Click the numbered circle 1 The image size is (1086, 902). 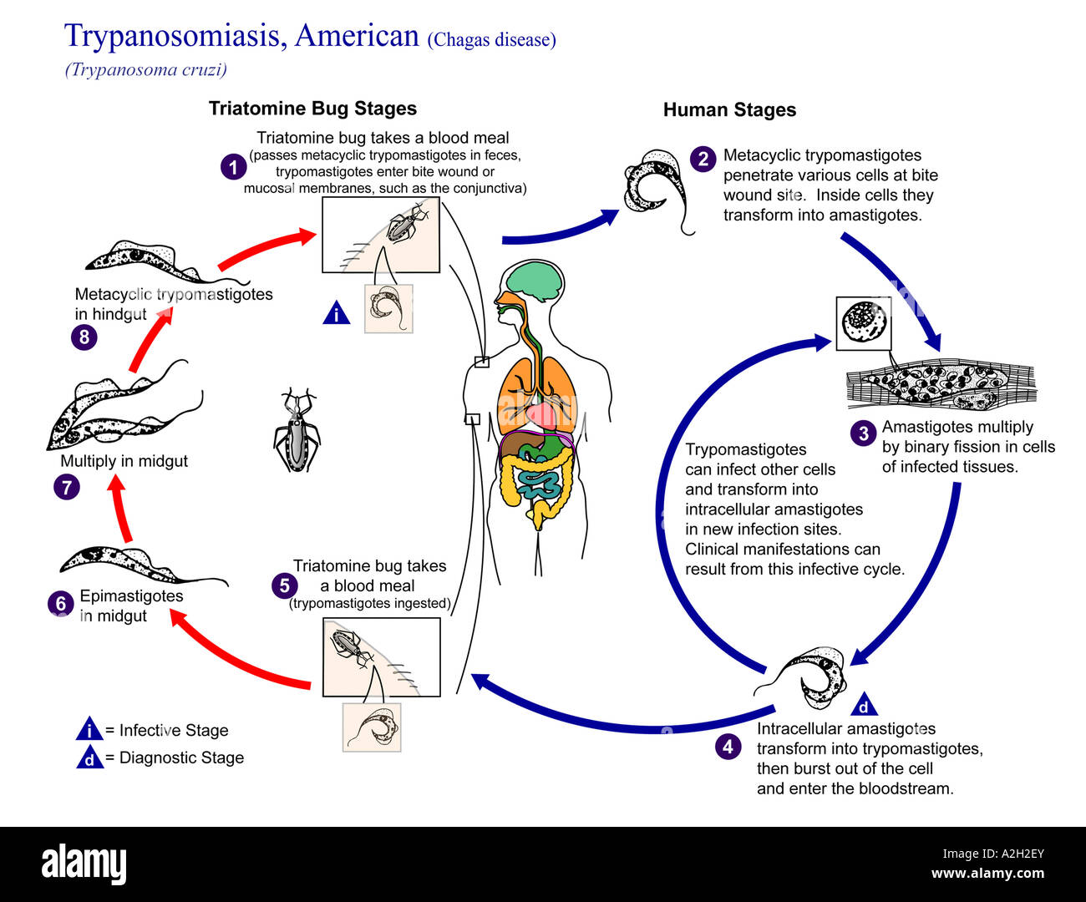233,167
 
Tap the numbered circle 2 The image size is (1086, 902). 703,159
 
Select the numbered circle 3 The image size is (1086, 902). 863,433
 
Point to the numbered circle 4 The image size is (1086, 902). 728,746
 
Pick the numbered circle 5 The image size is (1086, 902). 284,585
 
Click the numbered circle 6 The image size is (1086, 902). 60,603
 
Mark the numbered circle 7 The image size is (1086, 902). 67,487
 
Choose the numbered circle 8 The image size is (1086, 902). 84,337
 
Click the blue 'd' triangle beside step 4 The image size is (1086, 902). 864,707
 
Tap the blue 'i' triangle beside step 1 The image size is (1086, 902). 337,313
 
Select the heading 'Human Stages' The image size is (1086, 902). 729,110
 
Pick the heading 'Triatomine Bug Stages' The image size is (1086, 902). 312,109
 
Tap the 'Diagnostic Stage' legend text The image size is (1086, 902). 181,758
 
